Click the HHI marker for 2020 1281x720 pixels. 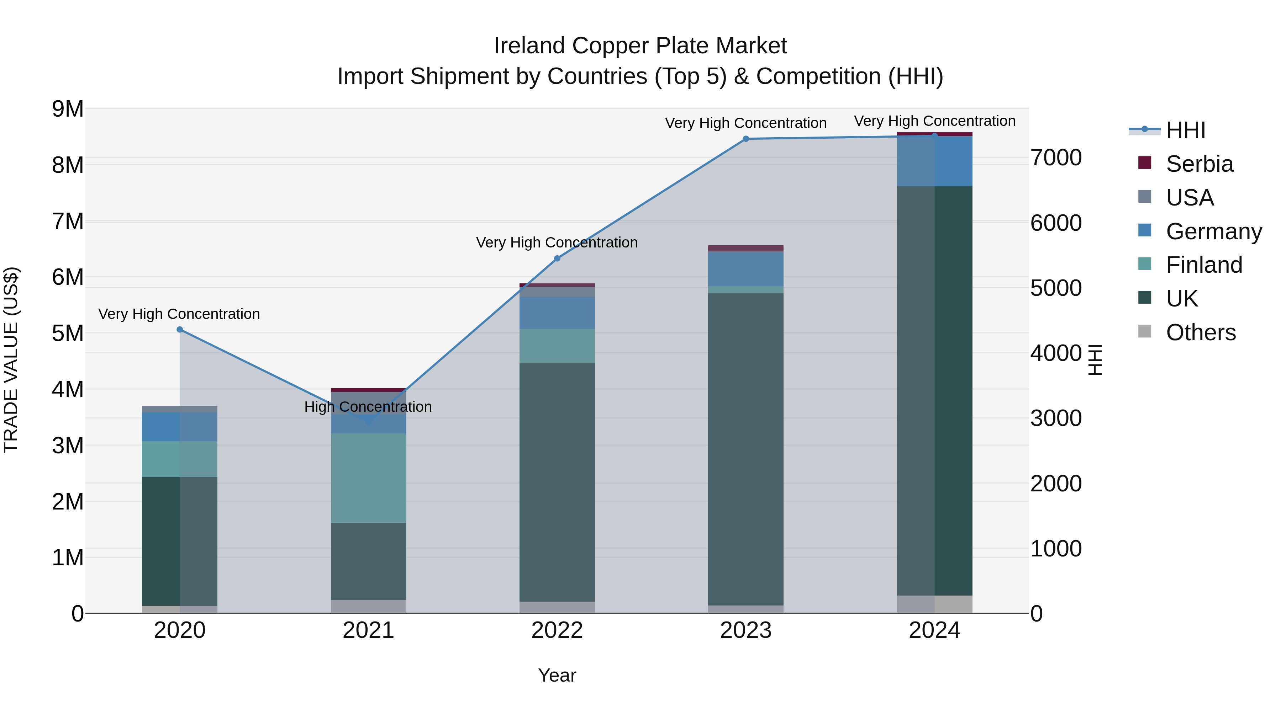click(180, 330)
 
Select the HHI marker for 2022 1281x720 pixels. click(557, 258)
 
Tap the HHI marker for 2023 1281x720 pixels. click(745, 139)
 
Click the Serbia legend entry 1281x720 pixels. click(1198, 164)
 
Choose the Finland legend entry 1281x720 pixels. click(1203, 265)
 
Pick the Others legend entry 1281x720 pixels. click(1200, 332)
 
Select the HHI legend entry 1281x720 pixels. click(1185, 130)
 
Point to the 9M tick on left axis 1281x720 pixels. click(68, 109)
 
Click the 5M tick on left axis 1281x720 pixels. click(68, 334)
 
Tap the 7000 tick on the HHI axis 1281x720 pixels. click(1056, 158)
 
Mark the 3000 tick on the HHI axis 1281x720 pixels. click(1056, 418)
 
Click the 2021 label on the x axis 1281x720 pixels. click(368, 630)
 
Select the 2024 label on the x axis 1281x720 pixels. click(934, 630)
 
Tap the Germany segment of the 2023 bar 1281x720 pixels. click(745, 269)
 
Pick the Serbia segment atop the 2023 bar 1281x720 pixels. click(745, 249)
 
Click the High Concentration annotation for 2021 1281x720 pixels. click(368, 407)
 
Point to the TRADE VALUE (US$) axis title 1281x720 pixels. click(11, 360)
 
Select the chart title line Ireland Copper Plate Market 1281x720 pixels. click(640, 46)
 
